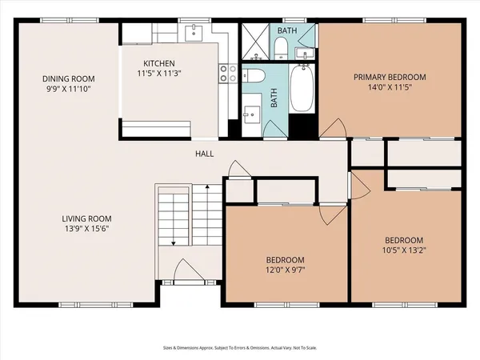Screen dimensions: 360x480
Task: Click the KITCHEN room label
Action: point(159,63)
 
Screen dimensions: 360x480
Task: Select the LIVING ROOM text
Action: point(87,218)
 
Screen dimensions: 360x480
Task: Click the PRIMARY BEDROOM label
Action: point(390,78)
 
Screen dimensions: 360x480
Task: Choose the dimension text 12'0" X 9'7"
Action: point(285,270)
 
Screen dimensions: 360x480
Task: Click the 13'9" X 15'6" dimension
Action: point(87,229)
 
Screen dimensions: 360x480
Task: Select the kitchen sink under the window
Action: point(193,33)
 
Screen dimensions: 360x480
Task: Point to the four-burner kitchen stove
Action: point(227,74)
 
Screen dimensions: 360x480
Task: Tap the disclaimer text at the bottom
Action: point(240,348)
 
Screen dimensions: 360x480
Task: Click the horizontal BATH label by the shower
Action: point(285,30)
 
